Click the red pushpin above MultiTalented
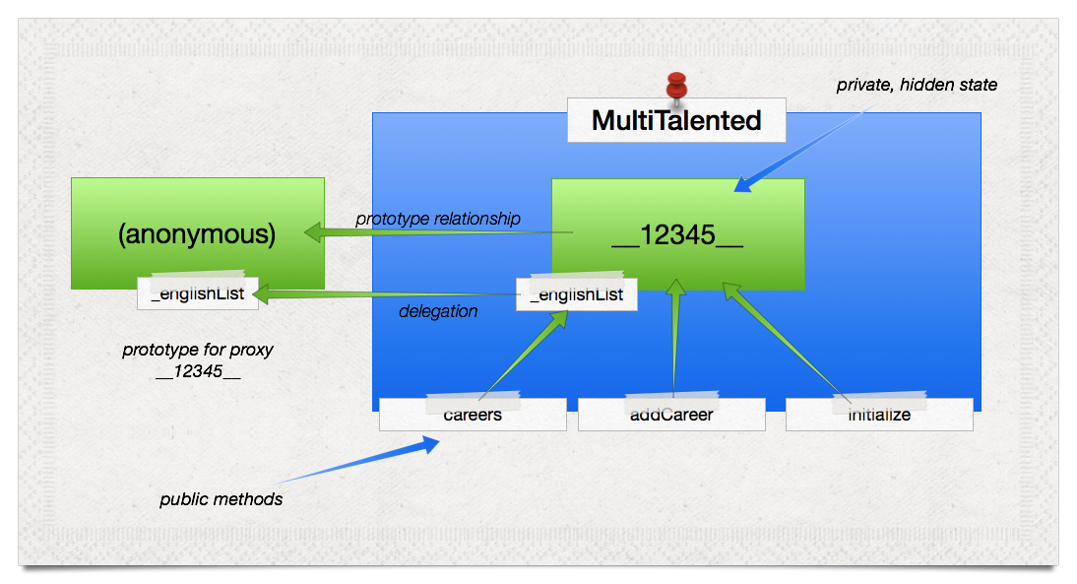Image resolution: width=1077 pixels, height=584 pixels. (676, 87)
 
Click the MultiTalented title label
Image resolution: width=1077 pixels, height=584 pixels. (676, 120)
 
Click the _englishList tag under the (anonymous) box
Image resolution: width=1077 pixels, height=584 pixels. (197, 293)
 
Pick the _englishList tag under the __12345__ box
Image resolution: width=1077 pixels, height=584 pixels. (576, 294)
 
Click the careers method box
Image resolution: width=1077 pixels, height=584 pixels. (473, 415)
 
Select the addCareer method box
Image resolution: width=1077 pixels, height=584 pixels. (671, 415)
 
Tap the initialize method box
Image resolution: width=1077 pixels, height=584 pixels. (879, 415)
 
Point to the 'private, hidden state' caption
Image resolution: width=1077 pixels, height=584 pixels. (917, 86)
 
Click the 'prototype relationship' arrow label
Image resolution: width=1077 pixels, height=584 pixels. (437, 219)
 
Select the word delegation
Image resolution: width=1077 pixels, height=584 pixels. (438, 311)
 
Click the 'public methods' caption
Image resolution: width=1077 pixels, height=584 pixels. (221, 499)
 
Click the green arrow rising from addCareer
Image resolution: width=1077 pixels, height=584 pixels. (674, 340)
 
